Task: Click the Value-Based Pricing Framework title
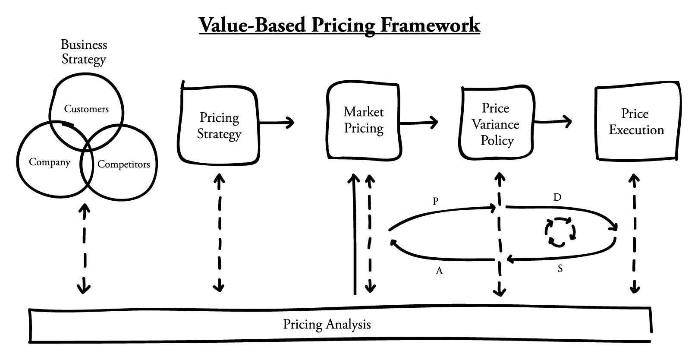pos(339,25)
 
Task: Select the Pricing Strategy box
pos(219,125)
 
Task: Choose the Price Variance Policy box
pos(496,124)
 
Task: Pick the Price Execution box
pos(636,122)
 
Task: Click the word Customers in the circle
pos(86,109)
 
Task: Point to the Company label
pos(49,162)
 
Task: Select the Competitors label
pos(123,164)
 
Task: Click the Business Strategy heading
pos(84,51)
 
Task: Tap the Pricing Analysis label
pos(327,324)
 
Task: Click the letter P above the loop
pos(435,201)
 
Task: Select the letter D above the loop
pos(557,198)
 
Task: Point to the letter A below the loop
pos(439,271)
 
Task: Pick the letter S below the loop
pos(560,269)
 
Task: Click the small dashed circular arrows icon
pos(560,232)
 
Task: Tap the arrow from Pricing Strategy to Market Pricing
pos(277,123)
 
